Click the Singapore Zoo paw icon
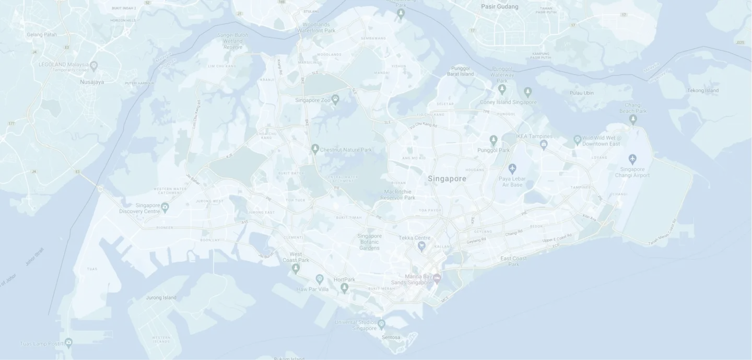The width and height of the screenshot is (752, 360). pos(335,98)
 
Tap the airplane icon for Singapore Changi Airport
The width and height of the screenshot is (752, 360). pos(633,158)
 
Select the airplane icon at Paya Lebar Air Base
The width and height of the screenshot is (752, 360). pos(512,168)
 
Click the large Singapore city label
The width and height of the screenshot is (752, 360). pos(447,179)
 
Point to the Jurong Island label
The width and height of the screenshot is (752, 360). pos(161,298)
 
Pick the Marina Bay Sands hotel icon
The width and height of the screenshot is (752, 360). pos(437,277)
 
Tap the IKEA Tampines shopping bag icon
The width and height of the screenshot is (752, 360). pos(544,144)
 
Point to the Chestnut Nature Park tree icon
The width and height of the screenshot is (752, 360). pos(315,149)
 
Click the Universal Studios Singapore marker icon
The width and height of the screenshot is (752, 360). pos(381,324)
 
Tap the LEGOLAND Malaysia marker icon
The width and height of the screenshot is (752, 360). pos(94,66)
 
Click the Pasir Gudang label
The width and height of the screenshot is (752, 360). pos(499,7)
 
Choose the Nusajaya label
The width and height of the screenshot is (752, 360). pos(92,82)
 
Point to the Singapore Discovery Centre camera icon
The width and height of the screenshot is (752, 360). pos(165,208)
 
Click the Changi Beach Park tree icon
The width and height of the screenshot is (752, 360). pos(633,120)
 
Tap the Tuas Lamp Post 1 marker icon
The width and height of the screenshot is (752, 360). pos(68,343)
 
